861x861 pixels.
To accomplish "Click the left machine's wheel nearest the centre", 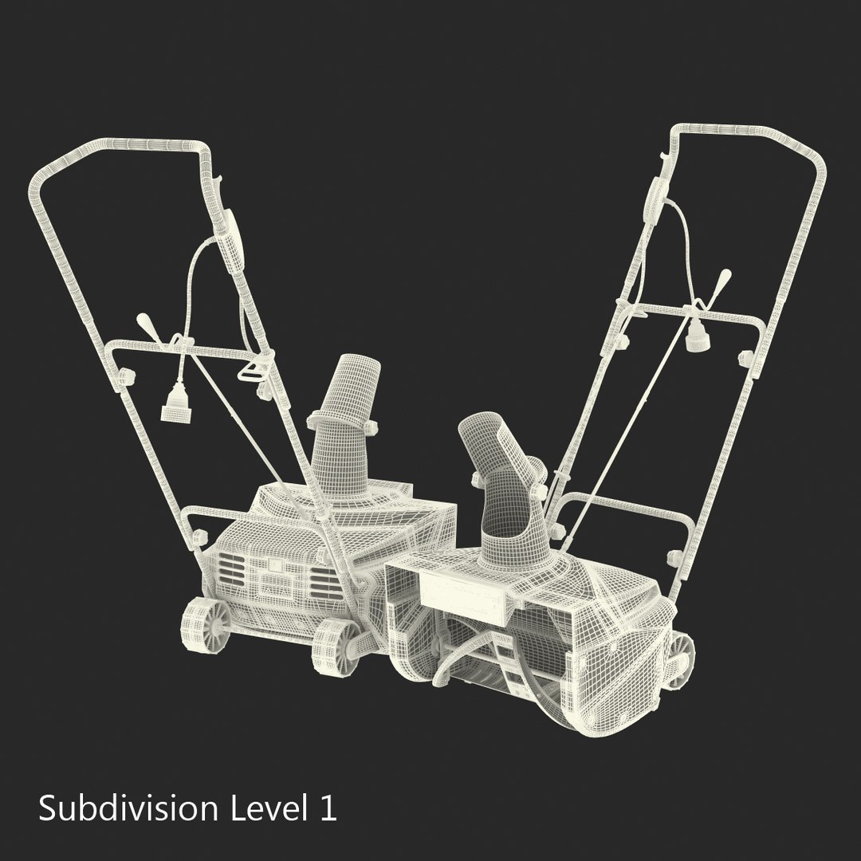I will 335,646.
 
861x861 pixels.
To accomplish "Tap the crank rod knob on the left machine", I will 147,322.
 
